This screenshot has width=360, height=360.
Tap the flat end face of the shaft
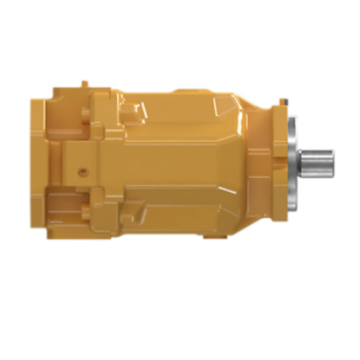[332, 160]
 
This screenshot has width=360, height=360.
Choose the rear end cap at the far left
[37, 162]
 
